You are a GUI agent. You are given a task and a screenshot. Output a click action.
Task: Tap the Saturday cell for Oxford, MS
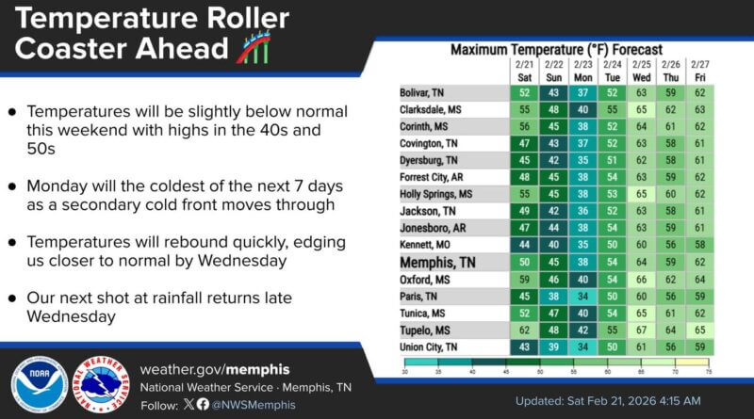[x=524, y=280]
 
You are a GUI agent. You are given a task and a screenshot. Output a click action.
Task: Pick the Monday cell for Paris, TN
[x=585, y=297]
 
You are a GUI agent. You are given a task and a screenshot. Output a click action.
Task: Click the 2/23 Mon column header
[x=585, y=70]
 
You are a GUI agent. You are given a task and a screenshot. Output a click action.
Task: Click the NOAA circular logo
[x=39, y=385]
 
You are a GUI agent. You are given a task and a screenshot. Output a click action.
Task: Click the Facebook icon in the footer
[x=203, y=404]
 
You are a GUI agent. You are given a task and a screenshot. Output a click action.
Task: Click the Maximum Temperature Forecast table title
[x=556, y=49]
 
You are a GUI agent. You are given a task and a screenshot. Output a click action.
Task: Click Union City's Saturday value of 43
[x=524, y=347]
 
